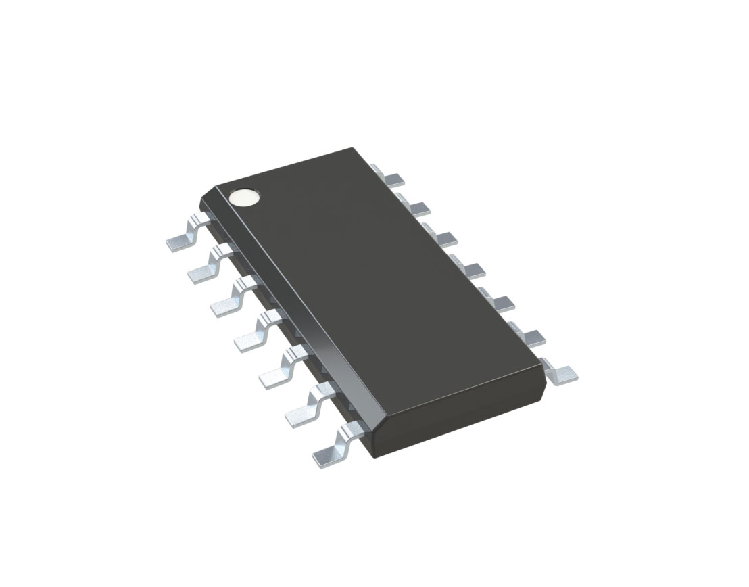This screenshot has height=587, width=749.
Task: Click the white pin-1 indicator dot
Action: point(244,197)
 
